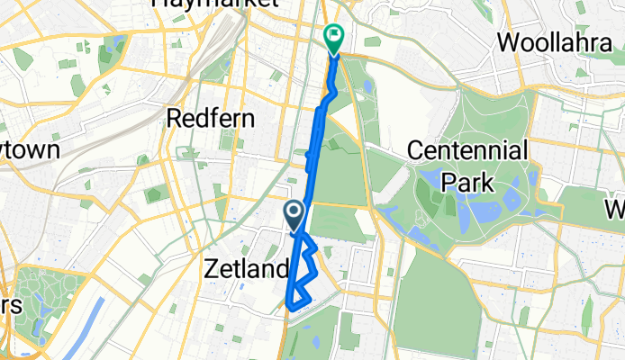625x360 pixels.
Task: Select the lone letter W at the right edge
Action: click(617, 211)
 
